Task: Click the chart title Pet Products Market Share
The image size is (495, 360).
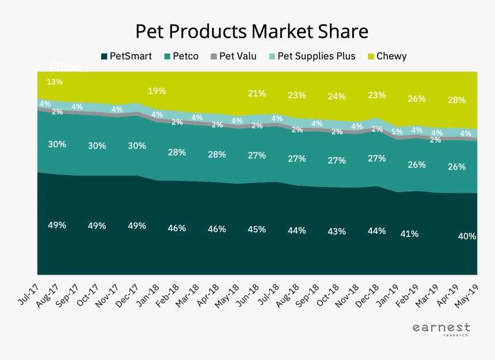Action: [251, 31]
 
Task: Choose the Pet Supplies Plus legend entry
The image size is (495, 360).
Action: [311, 56]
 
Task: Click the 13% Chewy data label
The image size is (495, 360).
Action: [55, 82]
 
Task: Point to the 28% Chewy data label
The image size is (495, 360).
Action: [456, 100]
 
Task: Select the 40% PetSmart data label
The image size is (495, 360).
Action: [467, 236]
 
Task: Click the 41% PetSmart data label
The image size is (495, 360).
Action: [409, 234]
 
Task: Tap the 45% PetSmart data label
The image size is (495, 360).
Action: [256, 229]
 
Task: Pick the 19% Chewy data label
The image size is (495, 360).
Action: [157, 90]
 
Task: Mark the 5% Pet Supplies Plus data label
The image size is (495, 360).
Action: [397, 131]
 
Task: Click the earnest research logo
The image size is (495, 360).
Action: [441, 330]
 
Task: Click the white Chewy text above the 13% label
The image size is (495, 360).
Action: [67, 66]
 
